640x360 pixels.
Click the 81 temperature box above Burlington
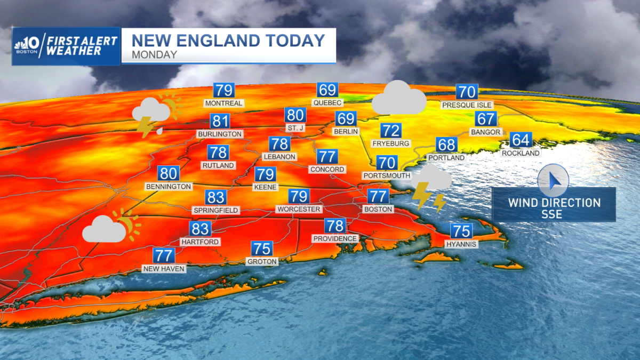(220, 121)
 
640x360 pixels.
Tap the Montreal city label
(223, 103)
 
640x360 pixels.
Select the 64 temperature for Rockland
(521, 140)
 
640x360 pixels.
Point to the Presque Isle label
(467, 105)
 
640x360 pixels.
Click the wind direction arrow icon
(553, 181)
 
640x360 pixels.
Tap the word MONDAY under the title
(155, 54)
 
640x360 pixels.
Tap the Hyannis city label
(461, 244)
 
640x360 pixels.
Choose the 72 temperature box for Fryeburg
(390, 130)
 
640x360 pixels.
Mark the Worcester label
(298, 209)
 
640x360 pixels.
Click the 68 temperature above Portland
(446, 145)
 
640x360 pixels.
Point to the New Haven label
(164, 269)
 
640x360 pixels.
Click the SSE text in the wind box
(554, 214)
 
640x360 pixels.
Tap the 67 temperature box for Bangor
(486, 118)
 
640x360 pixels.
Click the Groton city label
(262, 261)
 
